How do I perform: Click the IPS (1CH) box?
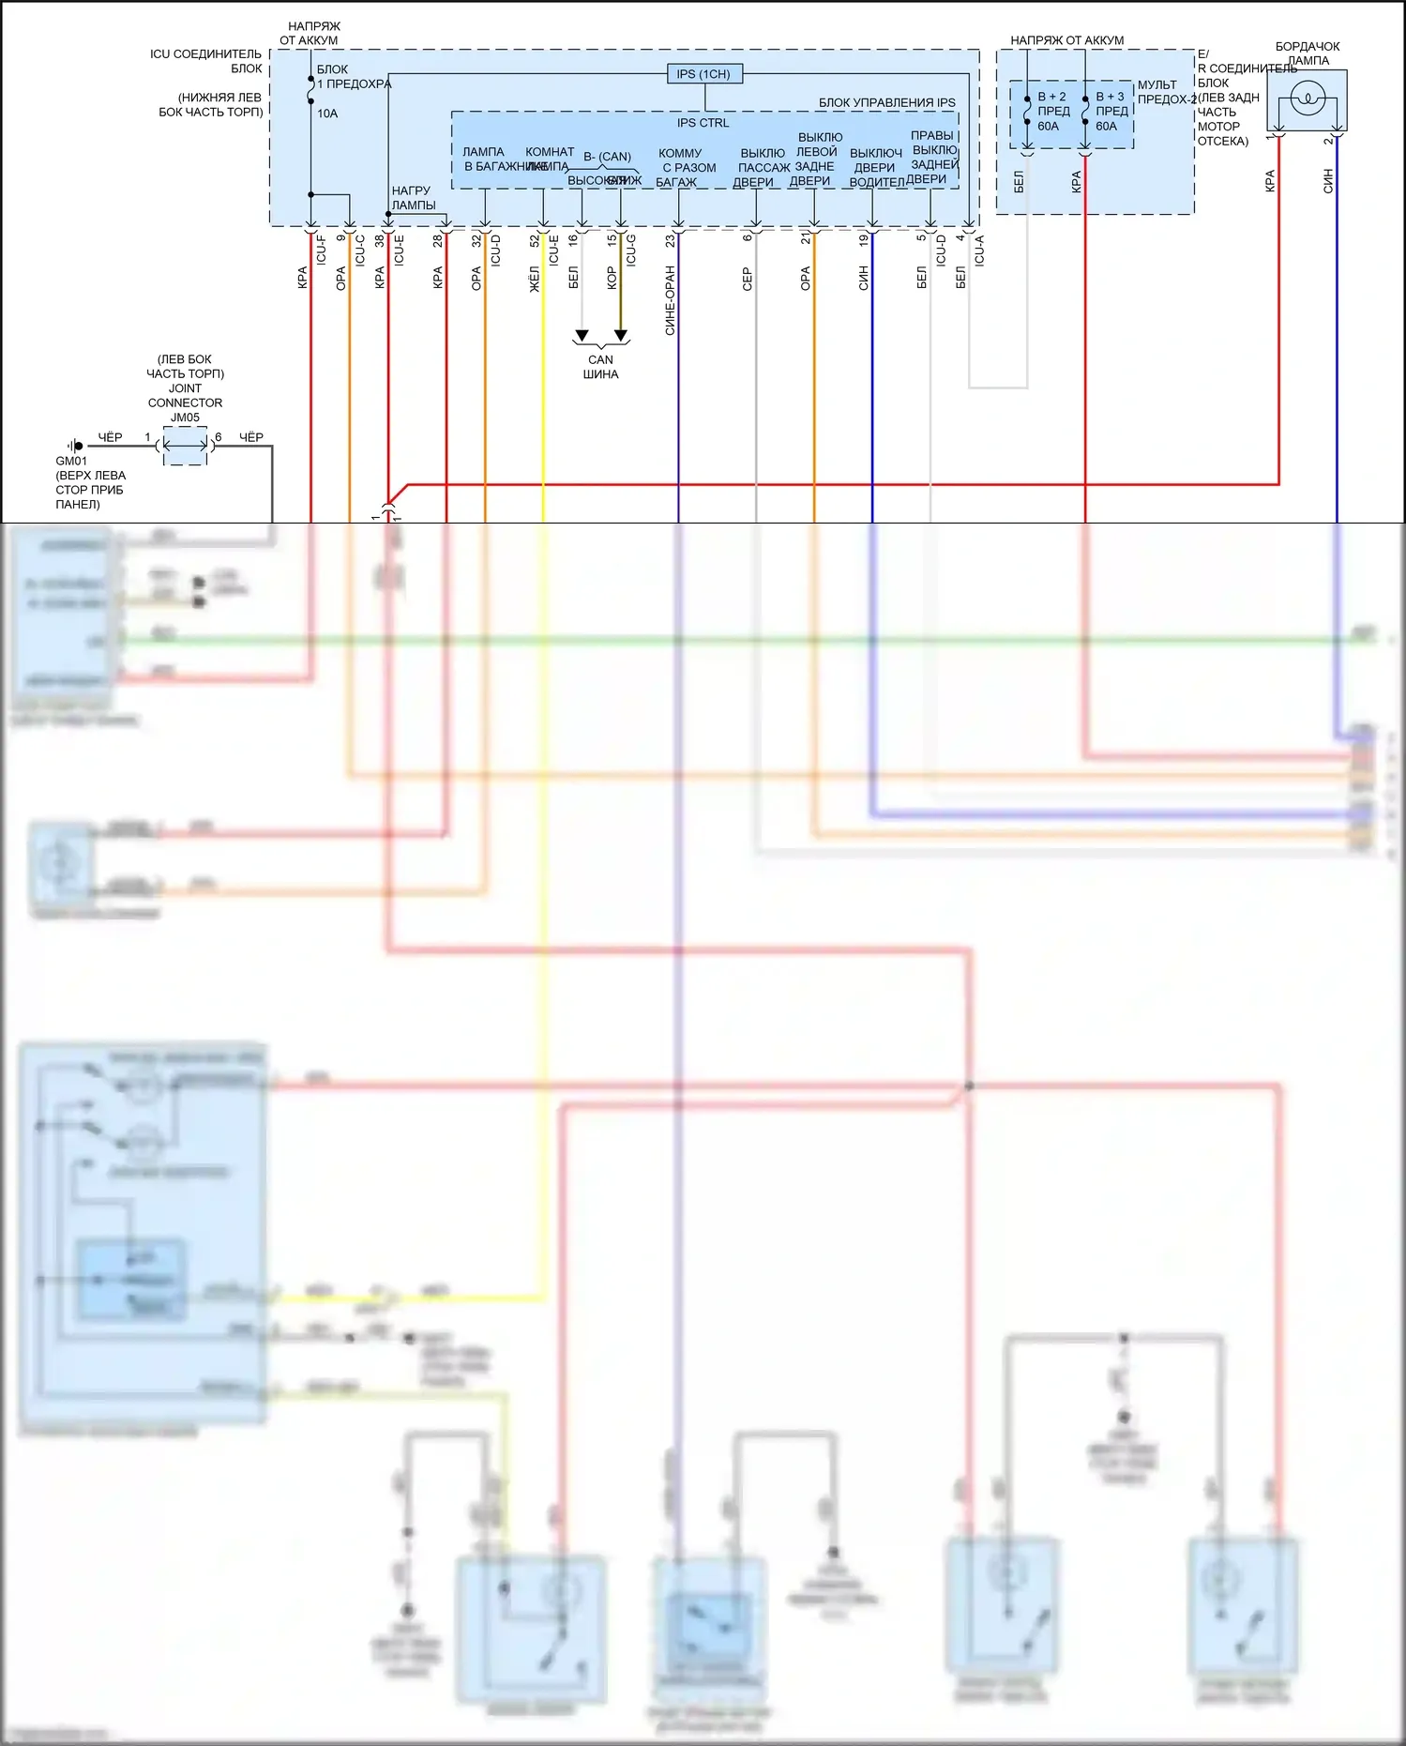point(703,74)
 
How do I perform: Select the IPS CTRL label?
point(703,123)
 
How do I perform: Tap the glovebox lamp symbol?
point(1307,99)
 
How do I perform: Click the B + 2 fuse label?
point(1051,97)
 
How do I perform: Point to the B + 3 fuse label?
point(1110,97)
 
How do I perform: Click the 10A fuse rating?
point(327,114)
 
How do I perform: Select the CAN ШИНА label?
point(600,367)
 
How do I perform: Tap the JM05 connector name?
point(185,418)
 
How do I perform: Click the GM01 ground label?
point(71,461)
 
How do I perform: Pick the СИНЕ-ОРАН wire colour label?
point(670,300)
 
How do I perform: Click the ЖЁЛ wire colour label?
point(535,279)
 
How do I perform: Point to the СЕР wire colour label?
point(748,279)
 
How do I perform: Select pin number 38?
point(379,240)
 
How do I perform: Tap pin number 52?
point(535,240)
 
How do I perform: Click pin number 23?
point(670,240)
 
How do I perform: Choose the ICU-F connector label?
point(321,250)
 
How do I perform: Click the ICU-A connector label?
point(979,251)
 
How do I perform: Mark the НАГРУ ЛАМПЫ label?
point(413,198)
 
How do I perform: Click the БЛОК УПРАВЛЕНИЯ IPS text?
point(886,103)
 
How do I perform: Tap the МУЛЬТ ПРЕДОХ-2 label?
point(1166,92)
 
